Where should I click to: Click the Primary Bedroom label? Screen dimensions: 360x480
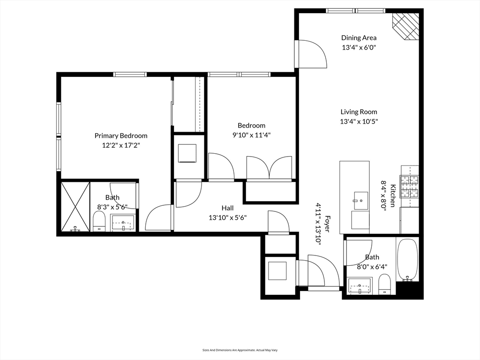[x=121, y=136]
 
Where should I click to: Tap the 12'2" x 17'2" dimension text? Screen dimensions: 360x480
[x=121, y=145]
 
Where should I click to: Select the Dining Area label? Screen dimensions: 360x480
[x=359, y=38]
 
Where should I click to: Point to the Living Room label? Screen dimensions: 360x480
[x=359, y=112]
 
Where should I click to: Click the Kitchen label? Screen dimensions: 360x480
[x=392, y=195]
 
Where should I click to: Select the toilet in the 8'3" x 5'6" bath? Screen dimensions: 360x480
[x=99, y=221]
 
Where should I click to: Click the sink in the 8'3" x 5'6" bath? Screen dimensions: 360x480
[x=123, y=223]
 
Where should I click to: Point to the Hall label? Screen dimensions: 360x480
[x=227, y=208]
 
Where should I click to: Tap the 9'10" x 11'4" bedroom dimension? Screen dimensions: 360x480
[x=251, y=135]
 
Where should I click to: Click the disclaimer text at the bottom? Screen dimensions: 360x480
[x=240, y=350]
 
